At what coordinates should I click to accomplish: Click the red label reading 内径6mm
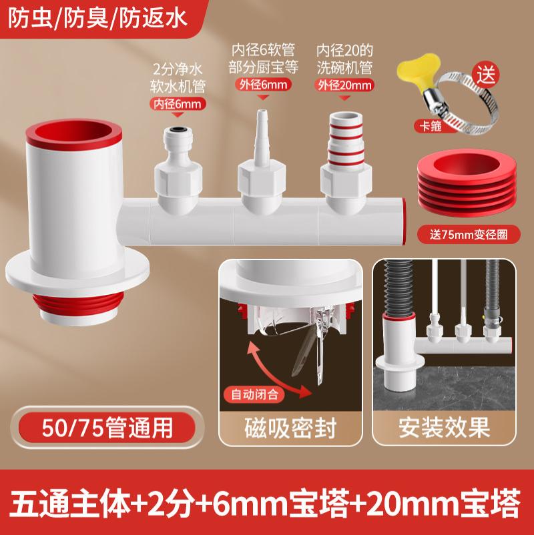pyautogui.click(x=178, y=103)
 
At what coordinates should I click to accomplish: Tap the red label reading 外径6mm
pyautogui.click(x=263, y=84)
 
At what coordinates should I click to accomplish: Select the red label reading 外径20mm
pyautogui.click(x=344, y=85)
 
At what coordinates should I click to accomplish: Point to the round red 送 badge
pyautogui.click(x=486, y=75)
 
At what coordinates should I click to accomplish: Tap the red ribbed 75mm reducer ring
pyautogui.click(x=467, y=183)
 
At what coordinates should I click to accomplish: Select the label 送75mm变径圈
pyautogui.click(x=469, y=234)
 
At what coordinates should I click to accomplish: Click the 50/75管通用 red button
pyautogui.click(x=107, y=428)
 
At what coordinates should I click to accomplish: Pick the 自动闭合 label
pyautogui.click(x=254, y=394)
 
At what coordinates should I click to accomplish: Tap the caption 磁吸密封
pyautogui.click(x=290, y=428)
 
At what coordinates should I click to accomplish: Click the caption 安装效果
pyautogui.click(x=444, y=428)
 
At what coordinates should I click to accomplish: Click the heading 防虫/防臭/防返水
pyautogui.click(x=97, y=18)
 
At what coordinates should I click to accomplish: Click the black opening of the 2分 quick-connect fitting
pyautogui.click(x=177, y=129)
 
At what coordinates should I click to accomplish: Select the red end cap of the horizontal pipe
pyautogui.click(x=404, y=221)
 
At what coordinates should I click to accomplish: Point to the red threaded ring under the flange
pyautogui.click(x=78, y=303)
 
